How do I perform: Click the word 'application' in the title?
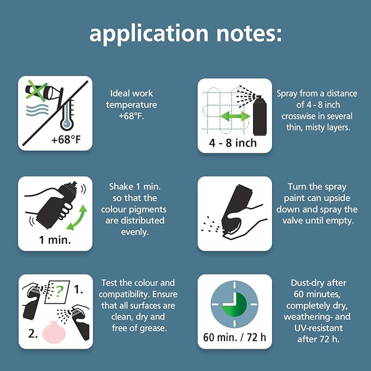click(x=149, y=34)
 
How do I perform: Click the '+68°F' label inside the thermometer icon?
click(x=66, y=139)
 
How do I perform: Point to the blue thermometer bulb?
click(x=67, y=123)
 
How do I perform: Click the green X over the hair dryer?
click(x=37, y=90)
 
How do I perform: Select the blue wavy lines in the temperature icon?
click(x=37, y=110)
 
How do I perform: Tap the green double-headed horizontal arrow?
click(x=235, y=116)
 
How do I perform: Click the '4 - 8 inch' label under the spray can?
click(x=233, y=143)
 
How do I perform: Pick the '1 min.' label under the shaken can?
click(x=55, y=240)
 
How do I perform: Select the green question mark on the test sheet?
click(x=60, y=292)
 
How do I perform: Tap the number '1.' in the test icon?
click(x=78, y=289)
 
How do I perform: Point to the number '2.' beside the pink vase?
click(x=33, y=334)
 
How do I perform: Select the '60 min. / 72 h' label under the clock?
click(x=234, y=337)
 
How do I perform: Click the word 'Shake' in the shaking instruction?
click(x=121, y=187)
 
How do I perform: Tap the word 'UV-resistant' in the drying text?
click(x=319, y=328)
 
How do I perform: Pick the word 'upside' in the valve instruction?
click(x=337, y=198)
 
